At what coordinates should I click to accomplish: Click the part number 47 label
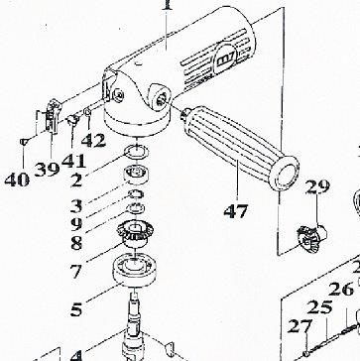click(x=236, y=211)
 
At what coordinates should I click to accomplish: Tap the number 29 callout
click(x=317, y=186)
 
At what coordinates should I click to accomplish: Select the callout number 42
click(x=93, y=140)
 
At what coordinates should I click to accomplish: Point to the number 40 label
click(x=17, y=180)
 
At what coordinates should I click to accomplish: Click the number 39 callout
click(x=47, y=169)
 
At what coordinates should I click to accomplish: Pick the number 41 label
click(x=73, y=161)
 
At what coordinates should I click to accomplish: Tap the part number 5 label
click(x=76, y=309)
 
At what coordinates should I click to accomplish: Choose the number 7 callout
click(x=75, y=272)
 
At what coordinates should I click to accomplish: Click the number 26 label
click(x=341, y=290)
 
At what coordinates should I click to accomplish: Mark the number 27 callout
click(x=300, y=326)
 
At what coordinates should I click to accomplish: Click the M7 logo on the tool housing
click(x=225, y=61)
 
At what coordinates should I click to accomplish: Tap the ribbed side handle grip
click(x=241, y=148)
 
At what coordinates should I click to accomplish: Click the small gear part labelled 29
click(x=311, y=237)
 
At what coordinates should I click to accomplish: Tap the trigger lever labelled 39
click(x=53, y=116)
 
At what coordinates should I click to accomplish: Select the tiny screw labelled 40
click(x=23, y=142)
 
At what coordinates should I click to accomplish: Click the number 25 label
click(x=319, y=307)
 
